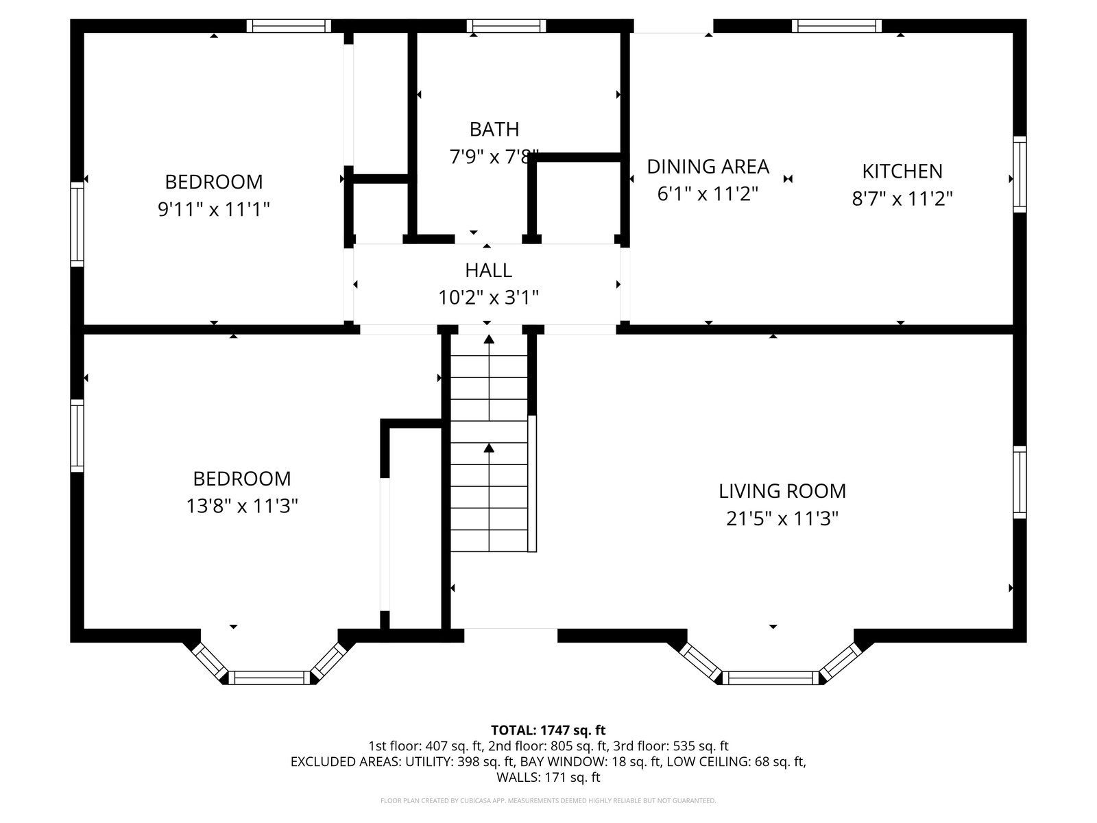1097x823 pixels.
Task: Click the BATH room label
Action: coord(494,130)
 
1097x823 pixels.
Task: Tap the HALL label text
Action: coord(488,270)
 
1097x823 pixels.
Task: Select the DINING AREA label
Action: coord(708,167)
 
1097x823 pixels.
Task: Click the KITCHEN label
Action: coord(902,171)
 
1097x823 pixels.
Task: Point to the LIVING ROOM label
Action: coord(782,491)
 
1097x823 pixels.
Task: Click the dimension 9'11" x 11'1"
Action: coord(214,209)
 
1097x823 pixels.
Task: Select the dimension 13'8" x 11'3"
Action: coord(242,506)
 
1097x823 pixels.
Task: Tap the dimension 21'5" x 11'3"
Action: coord(782,518)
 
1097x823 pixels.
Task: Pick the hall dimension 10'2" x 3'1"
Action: coord(488,298)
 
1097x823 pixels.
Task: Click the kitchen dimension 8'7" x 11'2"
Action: coord(902,199)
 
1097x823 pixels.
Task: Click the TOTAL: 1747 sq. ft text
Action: coord(548,730)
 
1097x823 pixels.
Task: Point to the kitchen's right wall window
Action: coord(1020,174)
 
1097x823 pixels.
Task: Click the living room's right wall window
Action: coord(1020,482)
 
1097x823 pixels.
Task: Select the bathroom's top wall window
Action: coord(506,26)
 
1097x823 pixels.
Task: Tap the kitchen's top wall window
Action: coord(836,26)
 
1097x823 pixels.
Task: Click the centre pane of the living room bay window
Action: coord(771,678)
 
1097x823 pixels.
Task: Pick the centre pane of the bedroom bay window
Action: coord(269,678)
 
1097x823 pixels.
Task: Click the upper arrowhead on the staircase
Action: coord(489,339)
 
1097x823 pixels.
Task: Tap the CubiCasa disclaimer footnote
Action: coord(548,800)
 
